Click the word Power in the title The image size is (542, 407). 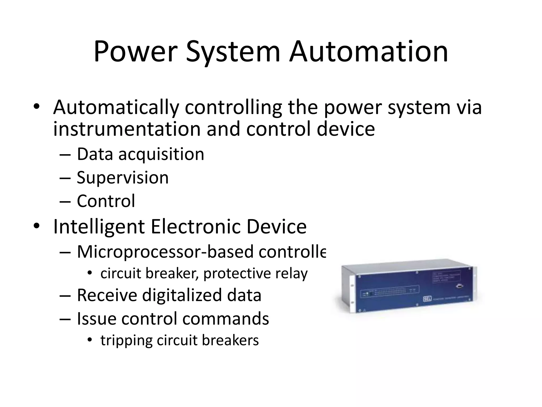135,52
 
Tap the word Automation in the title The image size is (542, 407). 369,52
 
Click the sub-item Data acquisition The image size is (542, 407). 141,154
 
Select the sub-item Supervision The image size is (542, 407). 123,177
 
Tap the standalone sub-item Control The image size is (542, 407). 106,201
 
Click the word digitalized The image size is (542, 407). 182,295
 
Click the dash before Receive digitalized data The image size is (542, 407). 65,295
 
